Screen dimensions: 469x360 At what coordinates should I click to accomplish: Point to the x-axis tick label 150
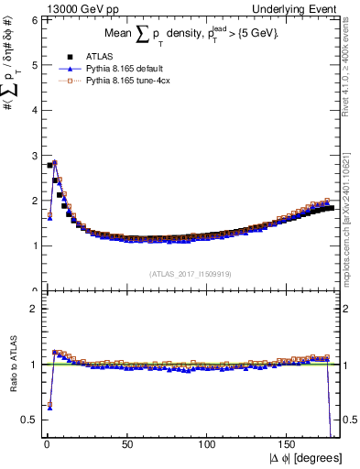(x=289, y=443)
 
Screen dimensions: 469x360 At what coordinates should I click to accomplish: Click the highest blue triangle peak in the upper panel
(x=55, y=162)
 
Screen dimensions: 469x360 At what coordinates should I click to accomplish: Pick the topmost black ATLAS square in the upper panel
(x=49, y=166)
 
